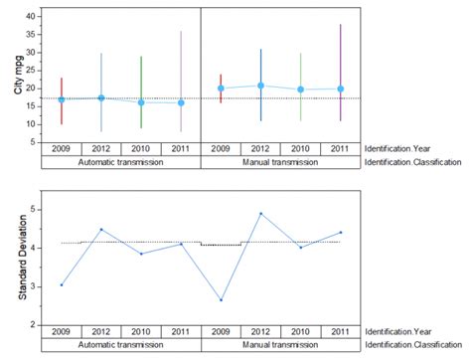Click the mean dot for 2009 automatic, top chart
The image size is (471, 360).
(x=62, y=99)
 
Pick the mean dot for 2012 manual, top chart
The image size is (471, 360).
(x=260, y=86)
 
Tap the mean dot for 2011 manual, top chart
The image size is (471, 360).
(x=340, y=89)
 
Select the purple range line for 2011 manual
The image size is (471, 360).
(x=340, y=60)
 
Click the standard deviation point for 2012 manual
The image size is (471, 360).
(x=260, y=214)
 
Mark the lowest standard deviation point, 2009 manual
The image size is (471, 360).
(x=221, y=300)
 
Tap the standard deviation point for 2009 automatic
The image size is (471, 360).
(x=62, y=284)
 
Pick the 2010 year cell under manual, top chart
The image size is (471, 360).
(x=300, y=149)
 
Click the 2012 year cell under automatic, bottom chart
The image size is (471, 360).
(x=101, y=331)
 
